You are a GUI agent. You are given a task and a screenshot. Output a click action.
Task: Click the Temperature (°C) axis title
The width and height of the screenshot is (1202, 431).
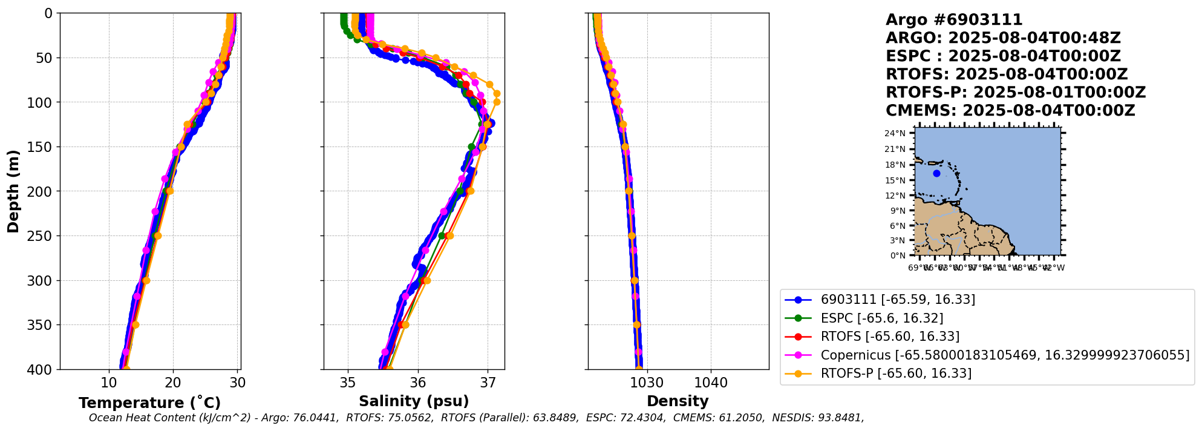149,403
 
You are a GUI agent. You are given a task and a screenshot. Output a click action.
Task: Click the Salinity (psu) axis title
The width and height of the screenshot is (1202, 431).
414,401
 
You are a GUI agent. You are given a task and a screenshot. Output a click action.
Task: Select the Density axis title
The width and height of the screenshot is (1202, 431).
678,401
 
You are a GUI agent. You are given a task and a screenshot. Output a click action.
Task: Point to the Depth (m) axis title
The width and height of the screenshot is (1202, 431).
13,191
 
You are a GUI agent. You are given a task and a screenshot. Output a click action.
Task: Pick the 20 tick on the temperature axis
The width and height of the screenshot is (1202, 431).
173,383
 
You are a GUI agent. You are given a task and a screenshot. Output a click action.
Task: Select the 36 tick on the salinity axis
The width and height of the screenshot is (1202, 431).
418,383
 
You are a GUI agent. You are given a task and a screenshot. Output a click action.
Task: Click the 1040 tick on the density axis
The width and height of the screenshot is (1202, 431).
711,383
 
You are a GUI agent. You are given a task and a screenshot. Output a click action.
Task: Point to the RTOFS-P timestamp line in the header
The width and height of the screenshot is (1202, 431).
1016,93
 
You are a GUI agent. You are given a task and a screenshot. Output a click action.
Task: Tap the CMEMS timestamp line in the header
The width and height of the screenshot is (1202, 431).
1010,111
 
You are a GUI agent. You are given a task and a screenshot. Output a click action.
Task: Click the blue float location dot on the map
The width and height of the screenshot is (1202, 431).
936,174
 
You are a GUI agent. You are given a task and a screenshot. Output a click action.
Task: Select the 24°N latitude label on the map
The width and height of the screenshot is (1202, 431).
896,134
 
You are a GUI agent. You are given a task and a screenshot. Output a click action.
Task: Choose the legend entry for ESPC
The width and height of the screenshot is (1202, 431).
881,318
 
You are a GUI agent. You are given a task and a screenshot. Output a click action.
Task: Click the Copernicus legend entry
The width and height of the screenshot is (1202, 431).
1004,355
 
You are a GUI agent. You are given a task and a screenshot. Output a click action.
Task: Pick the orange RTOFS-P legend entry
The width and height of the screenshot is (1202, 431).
895,373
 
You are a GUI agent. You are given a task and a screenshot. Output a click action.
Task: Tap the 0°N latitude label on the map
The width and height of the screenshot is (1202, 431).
898,255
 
